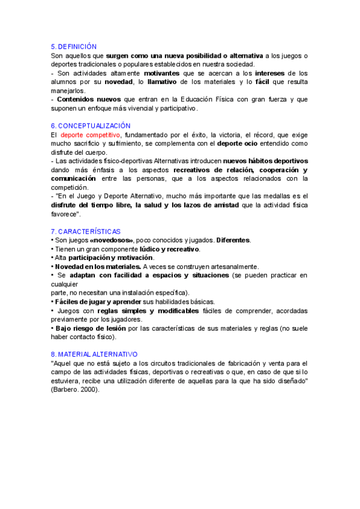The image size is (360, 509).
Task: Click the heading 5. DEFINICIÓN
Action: click(74, 47)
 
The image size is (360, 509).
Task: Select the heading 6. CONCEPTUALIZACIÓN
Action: click(91, 126)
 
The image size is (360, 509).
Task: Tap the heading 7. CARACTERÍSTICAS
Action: click(85, 231)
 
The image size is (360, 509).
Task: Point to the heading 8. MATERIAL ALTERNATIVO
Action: click(94, 354)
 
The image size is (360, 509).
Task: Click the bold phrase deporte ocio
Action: click(239, 144)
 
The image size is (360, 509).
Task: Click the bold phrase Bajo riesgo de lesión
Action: click(90, 328)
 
